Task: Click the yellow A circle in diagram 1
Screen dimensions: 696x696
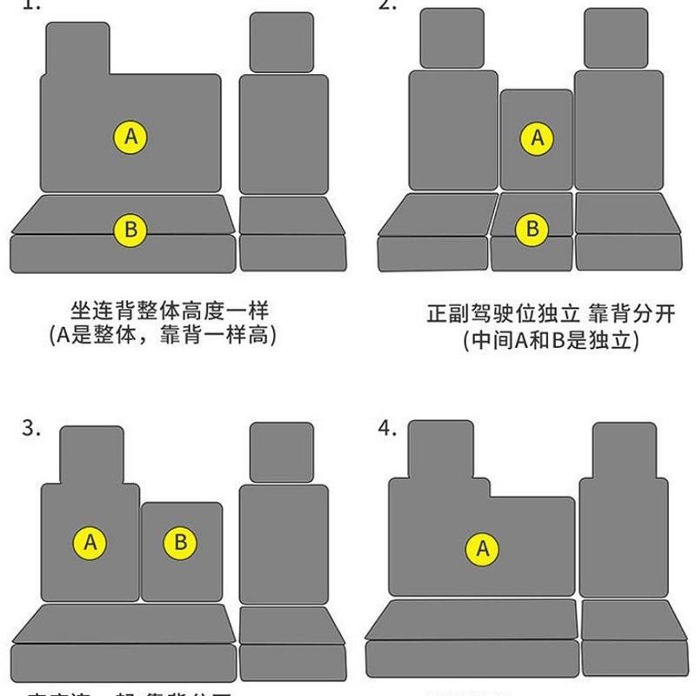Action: click(x=131, y=137)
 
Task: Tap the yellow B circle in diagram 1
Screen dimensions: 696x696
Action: click(x=131, y=230)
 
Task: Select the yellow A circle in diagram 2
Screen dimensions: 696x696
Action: click(x=538, y=137)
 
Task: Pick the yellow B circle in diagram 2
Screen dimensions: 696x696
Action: click(x=532, y=230)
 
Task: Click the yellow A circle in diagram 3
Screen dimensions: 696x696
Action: click(x=90, y=543)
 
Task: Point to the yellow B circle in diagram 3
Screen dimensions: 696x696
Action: click(x=181, y=543)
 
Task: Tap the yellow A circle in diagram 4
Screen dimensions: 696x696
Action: click(x=483, y=549)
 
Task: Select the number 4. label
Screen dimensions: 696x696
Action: click(x=388, y=429)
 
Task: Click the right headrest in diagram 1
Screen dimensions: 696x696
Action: click(x=282, y=42)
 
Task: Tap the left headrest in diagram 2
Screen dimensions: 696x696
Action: click(x=452, y=38)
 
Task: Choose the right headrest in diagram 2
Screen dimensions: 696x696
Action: click(x=616, y=38)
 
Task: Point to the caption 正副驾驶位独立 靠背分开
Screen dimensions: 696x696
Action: click(x=551, y=314)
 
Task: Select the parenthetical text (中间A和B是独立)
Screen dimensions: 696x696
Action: click(x=552, y=340)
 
